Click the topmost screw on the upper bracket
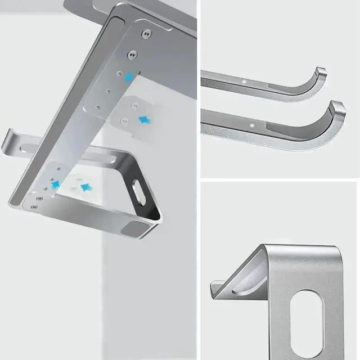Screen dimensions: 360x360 (147, 34)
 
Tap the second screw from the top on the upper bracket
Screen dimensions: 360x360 (132, 55)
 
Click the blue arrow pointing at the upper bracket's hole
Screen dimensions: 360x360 (129, 78)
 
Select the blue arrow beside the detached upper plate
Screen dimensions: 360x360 (145, 119)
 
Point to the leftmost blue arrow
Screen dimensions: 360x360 (56, 183)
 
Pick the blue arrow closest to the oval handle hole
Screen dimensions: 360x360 (85, 187)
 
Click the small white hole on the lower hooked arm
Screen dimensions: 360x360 (251, 120)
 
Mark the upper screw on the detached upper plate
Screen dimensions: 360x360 (134, 105)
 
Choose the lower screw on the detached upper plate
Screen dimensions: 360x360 (125, 121)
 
